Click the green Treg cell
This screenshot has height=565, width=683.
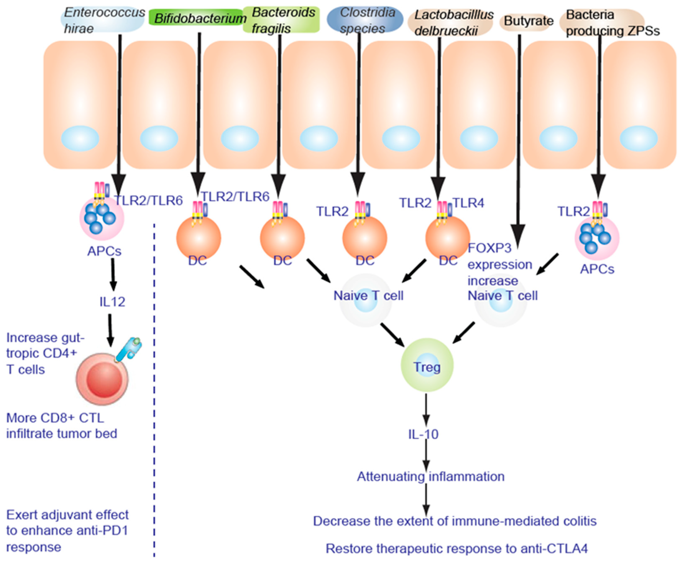427,367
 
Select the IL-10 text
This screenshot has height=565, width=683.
423,434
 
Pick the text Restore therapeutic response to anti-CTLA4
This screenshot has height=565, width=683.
457,549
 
